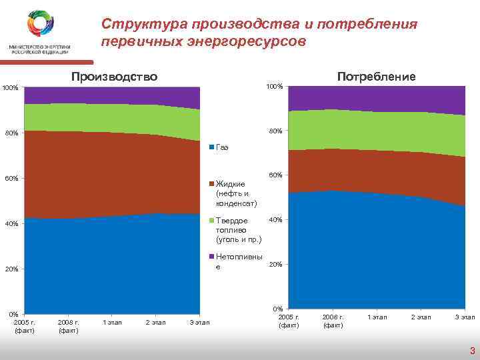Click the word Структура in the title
[143, 25]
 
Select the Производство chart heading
[114, 76]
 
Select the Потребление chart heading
[376, 76]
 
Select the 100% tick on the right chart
[274, 87]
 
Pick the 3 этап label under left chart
[199, 323]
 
